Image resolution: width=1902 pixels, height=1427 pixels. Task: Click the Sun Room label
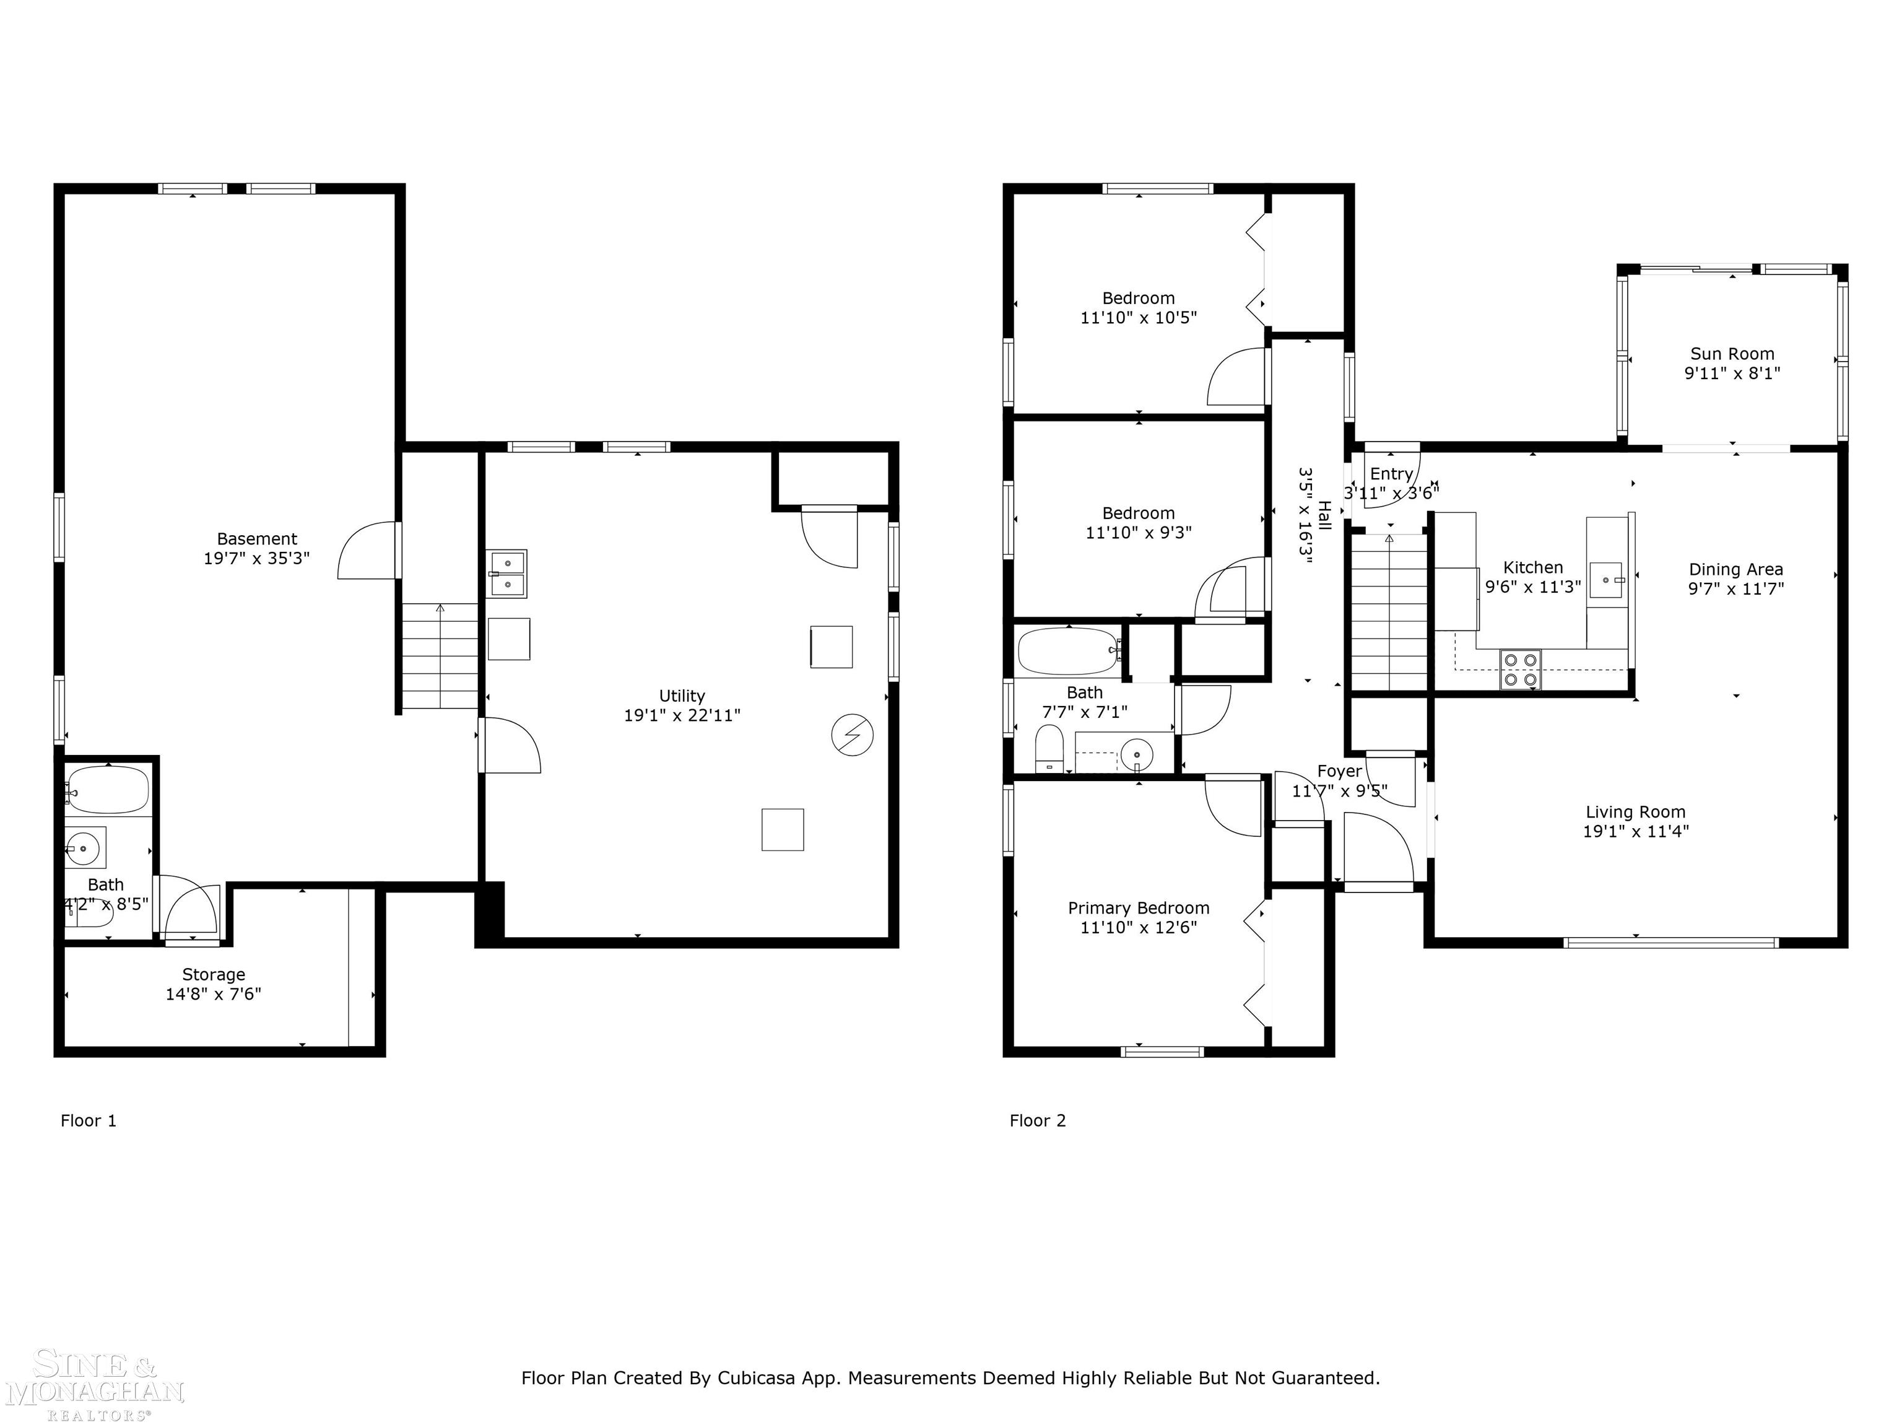(1732, 354)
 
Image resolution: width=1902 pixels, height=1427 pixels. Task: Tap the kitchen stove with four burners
(1520, 669)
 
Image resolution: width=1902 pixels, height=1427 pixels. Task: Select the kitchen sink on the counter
(1604, 580)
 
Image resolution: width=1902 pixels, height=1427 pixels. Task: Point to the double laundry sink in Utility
(507, 574)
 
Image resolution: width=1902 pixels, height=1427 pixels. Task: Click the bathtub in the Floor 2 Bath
(1067, 651)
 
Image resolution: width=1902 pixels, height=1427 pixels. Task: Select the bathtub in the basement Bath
(108, 790)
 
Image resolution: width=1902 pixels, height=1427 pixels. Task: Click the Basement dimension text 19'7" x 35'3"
(256, 558)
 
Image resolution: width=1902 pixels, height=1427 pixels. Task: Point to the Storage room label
(213, 974)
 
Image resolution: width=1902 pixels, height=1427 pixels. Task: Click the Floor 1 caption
(88, 1120)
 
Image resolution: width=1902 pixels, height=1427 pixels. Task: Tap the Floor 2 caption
(1037, 1120)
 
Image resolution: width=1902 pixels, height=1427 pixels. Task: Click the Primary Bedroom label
(1137, 909)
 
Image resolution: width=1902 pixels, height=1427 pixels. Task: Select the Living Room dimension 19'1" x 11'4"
(1635, 832)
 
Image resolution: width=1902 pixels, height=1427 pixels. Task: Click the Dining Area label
(1735, 569)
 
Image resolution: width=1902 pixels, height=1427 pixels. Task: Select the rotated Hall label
(1324, 515)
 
